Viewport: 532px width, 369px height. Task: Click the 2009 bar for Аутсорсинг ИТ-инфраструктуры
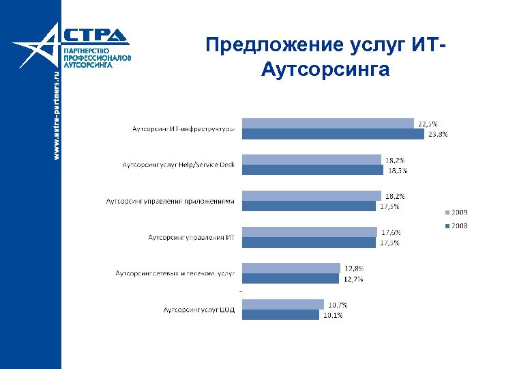point(327,123)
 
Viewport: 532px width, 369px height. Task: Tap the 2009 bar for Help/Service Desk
point(311,159)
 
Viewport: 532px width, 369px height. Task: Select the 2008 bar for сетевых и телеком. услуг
point(290,278)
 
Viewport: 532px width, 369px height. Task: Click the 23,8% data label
point(438,135)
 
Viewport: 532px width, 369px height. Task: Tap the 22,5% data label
point(428,124)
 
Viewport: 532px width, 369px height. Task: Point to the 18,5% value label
point(398,170)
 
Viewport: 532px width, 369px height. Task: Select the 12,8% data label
point(354,268)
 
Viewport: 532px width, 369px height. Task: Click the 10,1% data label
point(333,315)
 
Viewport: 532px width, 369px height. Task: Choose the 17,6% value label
point(390,232)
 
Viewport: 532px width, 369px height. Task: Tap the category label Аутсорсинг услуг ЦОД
point(198,310)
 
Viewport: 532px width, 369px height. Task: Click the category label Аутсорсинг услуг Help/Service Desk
point(178,165)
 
